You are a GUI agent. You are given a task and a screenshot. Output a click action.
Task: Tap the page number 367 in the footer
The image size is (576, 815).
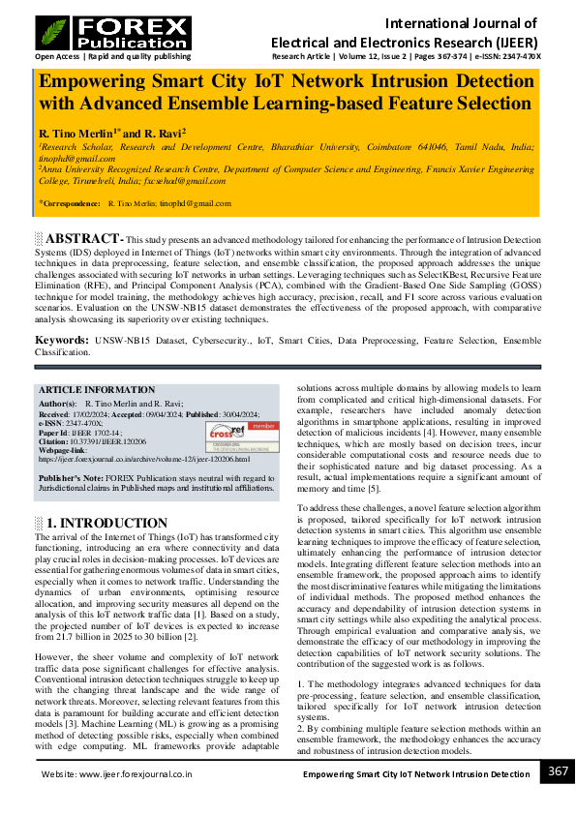pyautogui.click(x=558, y=771)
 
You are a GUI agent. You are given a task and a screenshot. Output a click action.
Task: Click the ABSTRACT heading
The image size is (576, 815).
pyautogui.click(x=85, y=238)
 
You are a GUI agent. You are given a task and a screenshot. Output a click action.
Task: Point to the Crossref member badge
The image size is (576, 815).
pyautogui.click(x=251, y=431)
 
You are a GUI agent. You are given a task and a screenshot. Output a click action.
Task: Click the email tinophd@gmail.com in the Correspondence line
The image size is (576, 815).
pyautogui.click(x=198, y=204)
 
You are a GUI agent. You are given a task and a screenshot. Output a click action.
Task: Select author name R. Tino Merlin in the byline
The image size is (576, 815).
pyautogui.click(x=76, y=131)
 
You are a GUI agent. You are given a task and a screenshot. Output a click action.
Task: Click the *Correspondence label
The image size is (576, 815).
pyautogui.click(x=71, y=204)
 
